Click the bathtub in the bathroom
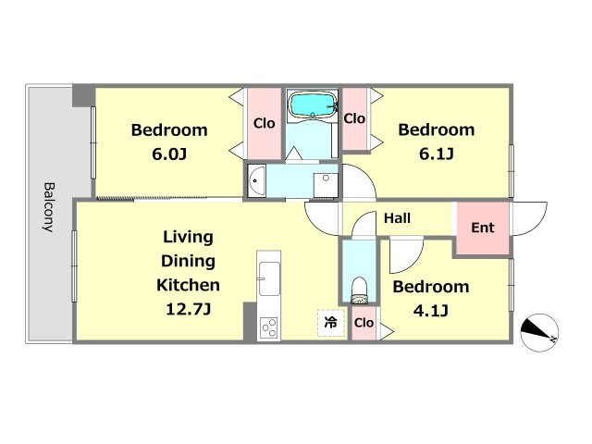point(312,105)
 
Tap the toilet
point(359,290)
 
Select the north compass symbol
point(539,332)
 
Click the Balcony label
point(49,207)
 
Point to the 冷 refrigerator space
point(331,323)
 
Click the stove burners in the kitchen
point(269,327)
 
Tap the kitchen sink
point(269,279)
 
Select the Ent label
point(483,228)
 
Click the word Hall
point(397,218)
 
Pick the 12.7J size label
point(188,310)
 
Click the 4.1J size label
point(431,311)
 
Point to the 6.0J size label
point(169,154)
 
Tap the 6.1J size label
point(437,154)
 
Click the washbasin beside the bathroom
point(257,181)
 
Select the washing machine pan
point(326,185)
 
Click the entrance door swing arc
point(528,219)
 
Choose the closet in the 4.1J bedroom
point(364,323)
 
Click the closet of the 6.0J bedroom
point(265,123)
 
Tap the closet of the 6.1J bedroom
point(354,119)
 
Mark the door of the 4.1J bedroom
point(406,256)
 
